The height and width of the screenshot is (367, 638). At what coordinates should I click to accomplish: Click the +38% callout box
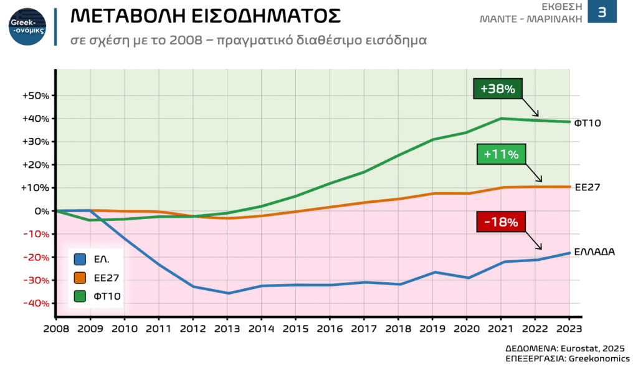click(x=498, y=89)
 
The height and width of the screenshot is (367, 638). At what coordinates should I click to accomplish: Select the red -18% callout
click(x=501, y=221)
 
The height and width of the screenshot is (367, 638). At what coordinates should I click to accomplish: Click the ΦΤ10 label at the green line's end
click(x=587, y=123)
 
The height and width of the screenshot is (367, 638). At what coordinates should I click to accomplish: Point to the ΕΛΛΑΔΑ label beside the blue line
click(x=595, y=252)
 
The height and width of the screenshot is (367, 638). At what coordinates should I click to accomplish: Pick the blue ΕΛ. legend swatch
click(x=80, y=260)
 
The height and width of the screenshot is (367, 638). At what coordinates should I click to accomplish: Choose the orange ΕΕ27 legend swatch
click(x=80, y=278)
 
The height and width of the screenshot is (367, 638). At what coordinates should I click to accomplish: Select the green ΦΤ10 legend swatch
click(x=80, y=297)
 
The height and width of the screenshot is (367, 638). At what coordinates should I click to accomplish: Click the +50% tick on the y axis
click(x=35, y=96)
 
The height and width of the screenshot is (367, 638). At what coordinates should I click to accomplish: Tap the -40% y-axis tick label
click(x=35, y=303)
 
